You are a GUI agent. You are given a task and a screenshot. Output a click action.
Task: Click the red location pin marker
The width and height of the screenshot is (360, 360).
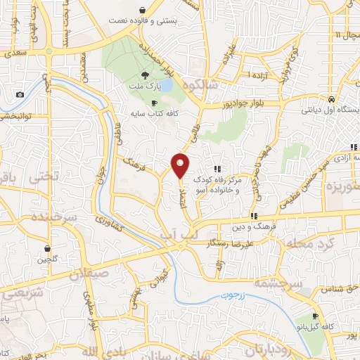[181, 166]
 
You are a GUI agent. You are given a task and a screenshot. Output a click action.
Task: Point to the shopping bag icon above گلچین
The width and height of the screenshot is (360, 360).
[48, 248]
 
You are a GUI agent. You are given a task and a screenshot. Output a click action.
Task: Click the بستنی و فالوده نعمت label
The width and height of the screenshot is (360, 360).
[143, 22]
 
